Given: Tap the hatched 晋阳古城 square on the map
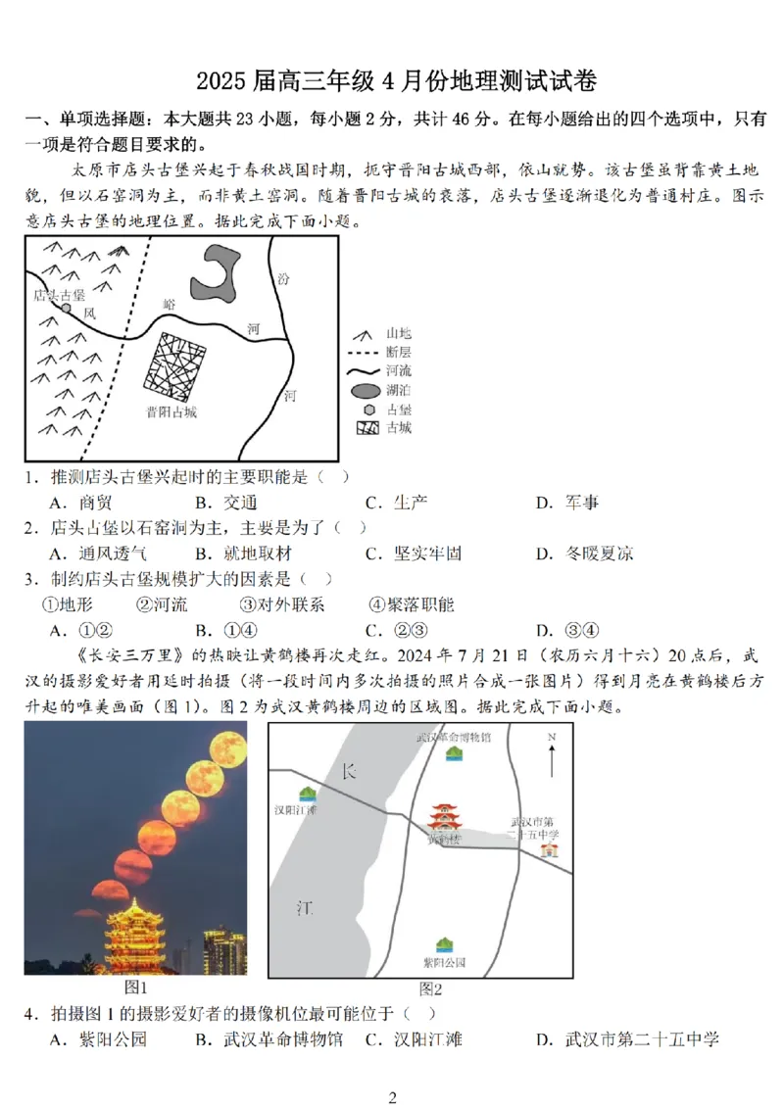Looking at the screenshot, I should point(176,365).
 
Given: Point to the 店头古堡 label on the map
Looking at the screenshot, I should point(59,295).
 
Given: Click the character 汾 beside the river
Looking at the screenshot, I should point(283,279).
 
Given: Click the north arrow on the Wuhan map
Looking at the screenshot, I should point(553,753).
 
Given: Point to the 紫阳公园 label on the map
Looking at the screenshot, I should point(444,963).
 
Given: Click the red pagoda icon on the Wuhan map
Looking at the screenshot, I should point(444,818).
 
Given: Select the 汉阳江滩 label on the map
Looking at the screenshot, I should point(296,810).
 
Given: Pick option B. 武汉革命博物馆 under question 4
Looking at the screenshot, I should point(269,1038).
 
